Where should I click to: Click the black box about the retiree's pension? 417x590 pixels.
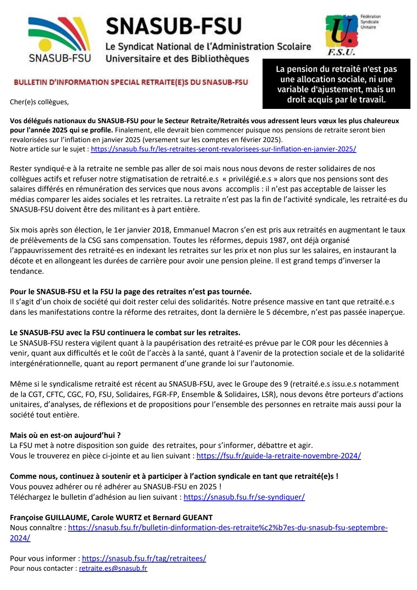tap(336, 84)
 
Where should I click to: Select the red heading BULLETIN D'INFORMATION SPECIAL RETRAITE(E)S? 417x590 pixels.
tap(131, 82)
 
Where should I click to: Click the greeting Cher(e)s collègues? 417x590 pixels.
tap(39, 102)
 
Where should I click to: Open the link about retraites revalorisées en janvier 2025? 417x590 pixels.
tap(223, 149)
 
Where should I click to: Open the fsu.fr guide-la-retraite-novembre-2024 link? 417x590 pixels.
tap(278, 456)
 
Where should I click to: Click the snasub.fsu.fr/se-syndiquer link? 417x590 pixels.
tap(244, 497)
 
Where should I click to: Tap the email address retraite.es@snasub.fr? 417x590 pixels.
tap(113, 568)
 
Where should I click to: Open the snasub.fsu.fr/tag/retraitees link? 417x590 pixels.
tap(144, 558)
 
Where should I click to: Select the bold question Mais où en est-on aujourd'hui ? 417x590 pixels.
tap(65, 435)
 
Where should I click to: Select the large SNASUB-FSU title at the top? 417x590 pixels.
tap(173, 26)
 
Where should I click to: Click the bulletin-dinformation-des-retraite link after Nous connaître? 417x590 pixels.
tap(228, 528)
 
